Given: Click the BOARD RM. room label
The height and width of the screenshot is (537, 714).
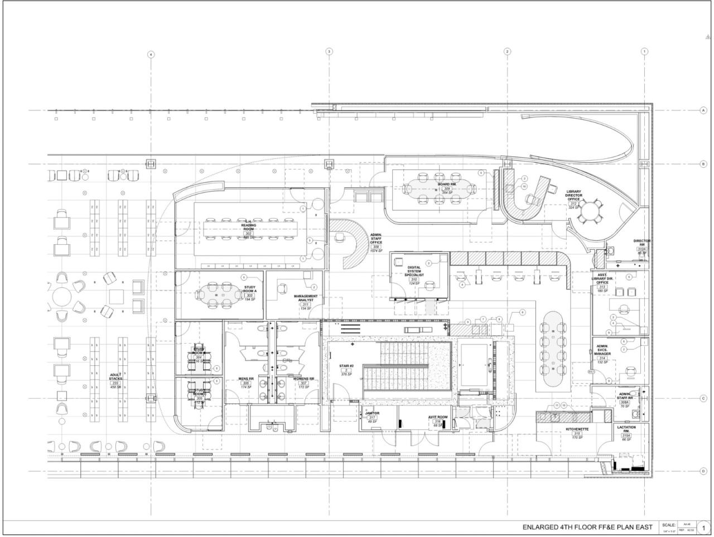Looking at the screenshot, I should [447, 184].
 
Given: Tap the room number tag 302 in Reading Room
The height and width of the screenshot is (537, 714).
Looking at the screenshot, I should [249, 234].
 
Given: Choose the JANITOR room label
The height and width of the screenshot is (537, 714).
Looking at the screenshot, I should [372, 413].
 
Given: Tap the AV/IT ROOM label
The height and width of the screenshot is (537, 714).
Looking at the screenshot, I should [438, 417].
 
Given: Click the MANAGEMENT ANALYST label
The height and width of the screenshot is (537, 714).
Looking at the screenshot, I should [306, 299].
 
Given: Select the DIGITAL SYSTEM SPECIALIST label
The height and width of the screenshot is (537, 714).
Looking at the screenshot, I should [414, 271].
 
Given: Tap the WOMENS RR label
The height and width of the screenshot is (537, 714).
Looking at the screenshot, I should [303, 379].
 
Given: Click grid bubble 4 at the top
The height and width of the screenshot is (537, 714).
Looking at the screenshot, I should [150, 55].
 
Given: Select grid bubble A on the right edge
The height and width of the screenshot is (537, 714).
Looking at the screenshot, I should [703, 110].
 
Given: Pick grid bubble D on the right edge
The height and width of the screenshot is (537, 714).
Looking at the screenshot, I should [703, 471].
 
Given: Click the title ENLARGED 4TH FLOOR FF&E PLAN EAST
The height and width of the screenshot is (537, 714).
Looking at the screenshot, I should [587, 527].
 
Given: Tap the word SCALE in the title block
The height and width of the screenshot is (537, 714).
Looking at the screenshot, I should [668, 525].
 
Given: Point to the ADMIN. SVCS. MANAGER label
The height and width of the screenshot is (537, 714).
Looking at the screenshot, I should [602, 354].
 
